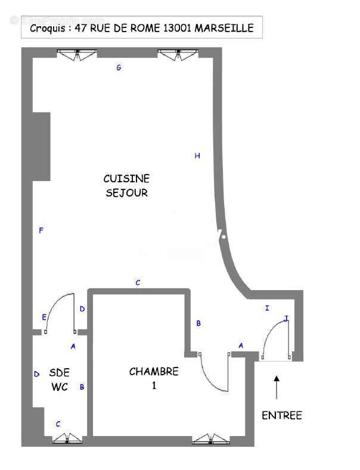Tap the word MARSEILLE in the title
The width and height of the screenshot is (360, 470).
(228, 28)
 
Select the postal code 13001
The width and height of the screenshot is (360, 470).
(178, 28)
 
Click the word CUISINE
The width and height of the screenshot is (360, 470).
(126, 179)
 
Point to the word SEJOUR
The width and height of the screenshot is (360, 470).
(126, 193)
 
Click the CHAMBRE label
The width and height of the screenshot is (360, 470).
(154, 372)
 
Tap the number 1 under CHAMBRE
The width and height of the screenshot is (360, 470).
(154, 386)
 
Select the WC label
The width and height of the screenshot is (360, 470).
(60, 387)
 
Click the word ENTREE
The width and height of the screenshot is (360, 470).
(282, 415)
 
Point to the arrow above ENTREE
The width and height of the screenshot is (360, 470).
(277, 387)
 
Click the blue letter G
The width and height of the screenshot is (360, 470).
(119, 68)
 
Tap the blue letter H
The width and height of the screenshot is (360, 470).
(197, 156)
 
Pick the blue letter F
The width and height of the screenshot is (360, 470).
(41, 231)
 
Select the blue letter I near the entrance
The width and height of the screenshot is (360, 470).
(267, 308)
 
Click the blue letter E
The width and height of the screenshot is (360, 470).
(44, 316)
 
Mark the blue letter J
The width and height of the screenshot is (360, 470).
(286, 319)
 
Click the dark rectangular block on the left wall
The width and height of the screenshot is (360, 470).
(41, 146)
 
